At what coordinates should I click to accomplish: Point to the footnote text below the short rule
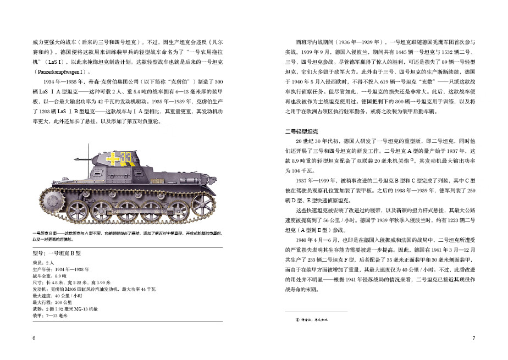(x=313, y=319)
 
